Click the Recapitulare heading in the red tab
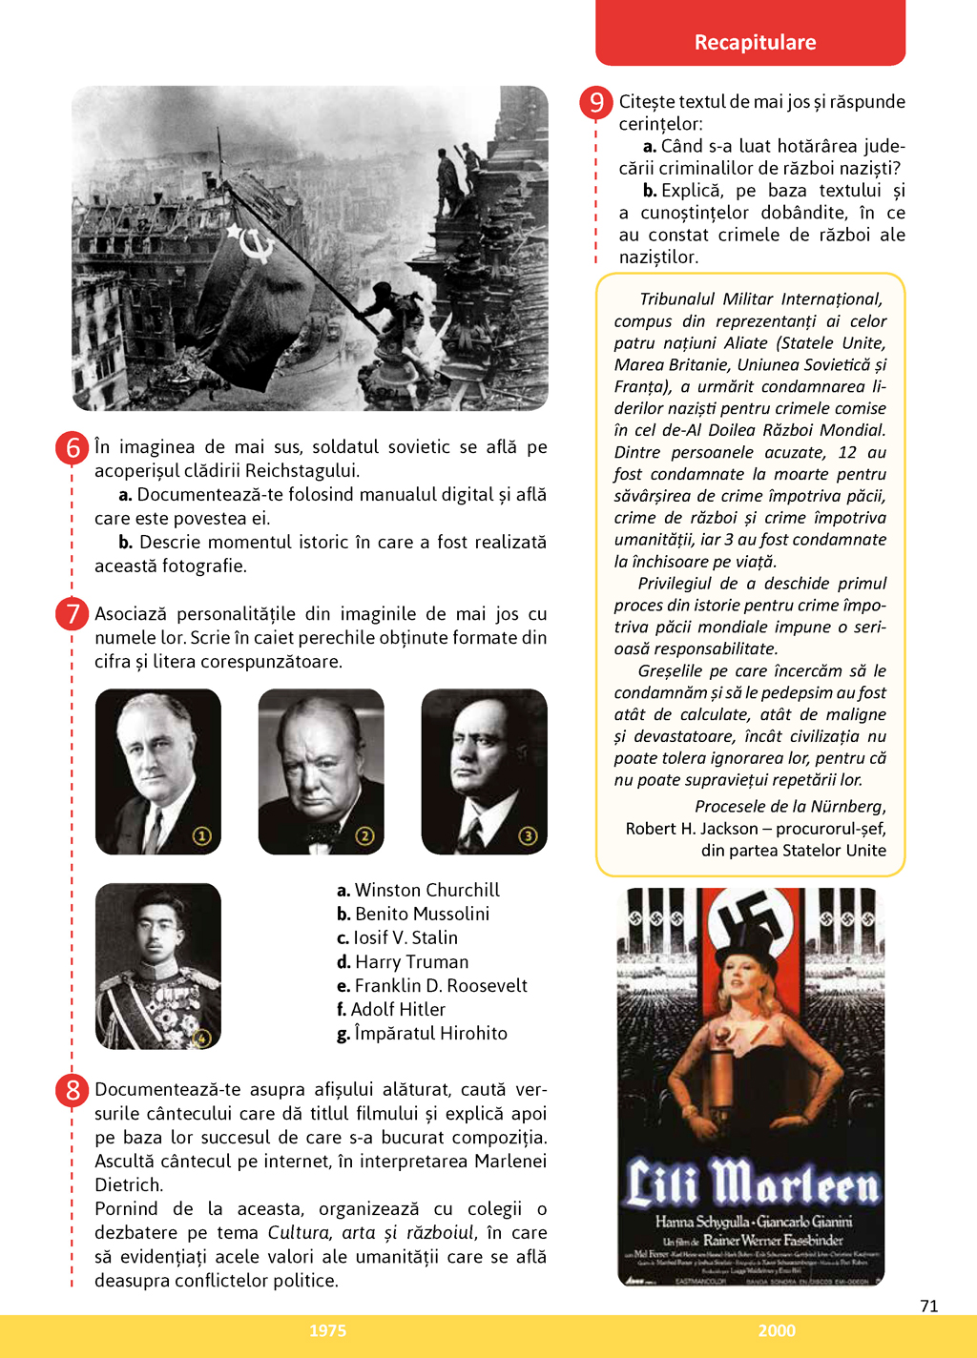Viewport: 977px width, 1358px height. [755, 42]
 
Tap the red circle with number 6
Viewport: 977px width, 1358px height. [73, 447]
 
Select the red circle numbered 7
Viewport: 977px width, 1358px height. [73, 613]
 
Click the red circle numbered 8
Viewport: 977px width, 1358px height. [73, 1089]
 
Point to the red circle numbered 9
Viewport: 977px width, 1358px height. [596, 101]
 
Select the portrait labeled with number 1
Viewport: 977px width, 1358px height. [158, 772]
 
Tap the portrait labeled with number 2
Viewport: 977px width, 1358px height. [322, 772]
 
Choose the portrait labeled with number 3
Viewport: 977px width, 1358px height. [485, 772]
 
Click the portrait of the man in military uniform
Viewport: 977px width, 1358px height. [158, 966]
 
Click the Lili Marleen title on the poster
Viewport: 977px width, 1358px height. [752, 1183]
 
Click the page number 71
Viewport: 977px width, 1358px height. [929, 1306]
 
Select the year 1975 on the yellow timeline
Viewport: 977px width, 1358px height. [327, 1330]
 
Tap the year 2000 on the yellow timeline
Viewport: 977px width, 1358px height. [777, 1330]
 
